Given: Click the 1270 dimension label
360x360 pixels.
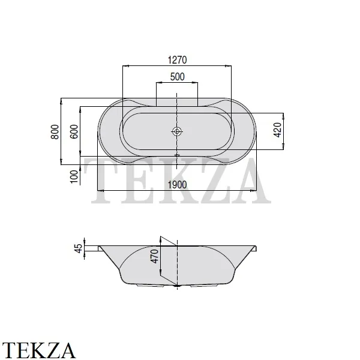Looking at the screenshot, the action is (177, 60).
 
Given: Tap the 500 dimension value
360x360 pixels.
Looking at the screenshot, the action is (177, 77).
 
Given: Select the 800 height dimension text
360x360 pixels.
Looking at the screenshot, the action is (55, 131).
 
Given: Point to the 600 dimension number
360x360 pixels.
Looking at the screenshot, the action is (74, 131).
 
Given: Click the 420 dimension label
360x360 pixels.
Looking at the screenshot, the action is (278, 130).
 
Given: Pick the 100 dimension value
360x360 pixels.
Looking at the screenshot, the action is (74, 176).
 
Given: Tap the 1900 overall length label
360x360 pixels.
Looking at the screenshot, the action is (177, 185).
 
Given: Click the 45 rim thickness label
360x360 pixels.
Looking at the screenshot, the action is (78, 248).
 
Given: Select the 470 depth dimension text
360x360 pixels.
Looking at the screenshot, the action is (154, 256).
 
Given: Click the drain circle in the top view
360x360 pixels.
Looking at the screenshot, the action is (177, 131).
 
